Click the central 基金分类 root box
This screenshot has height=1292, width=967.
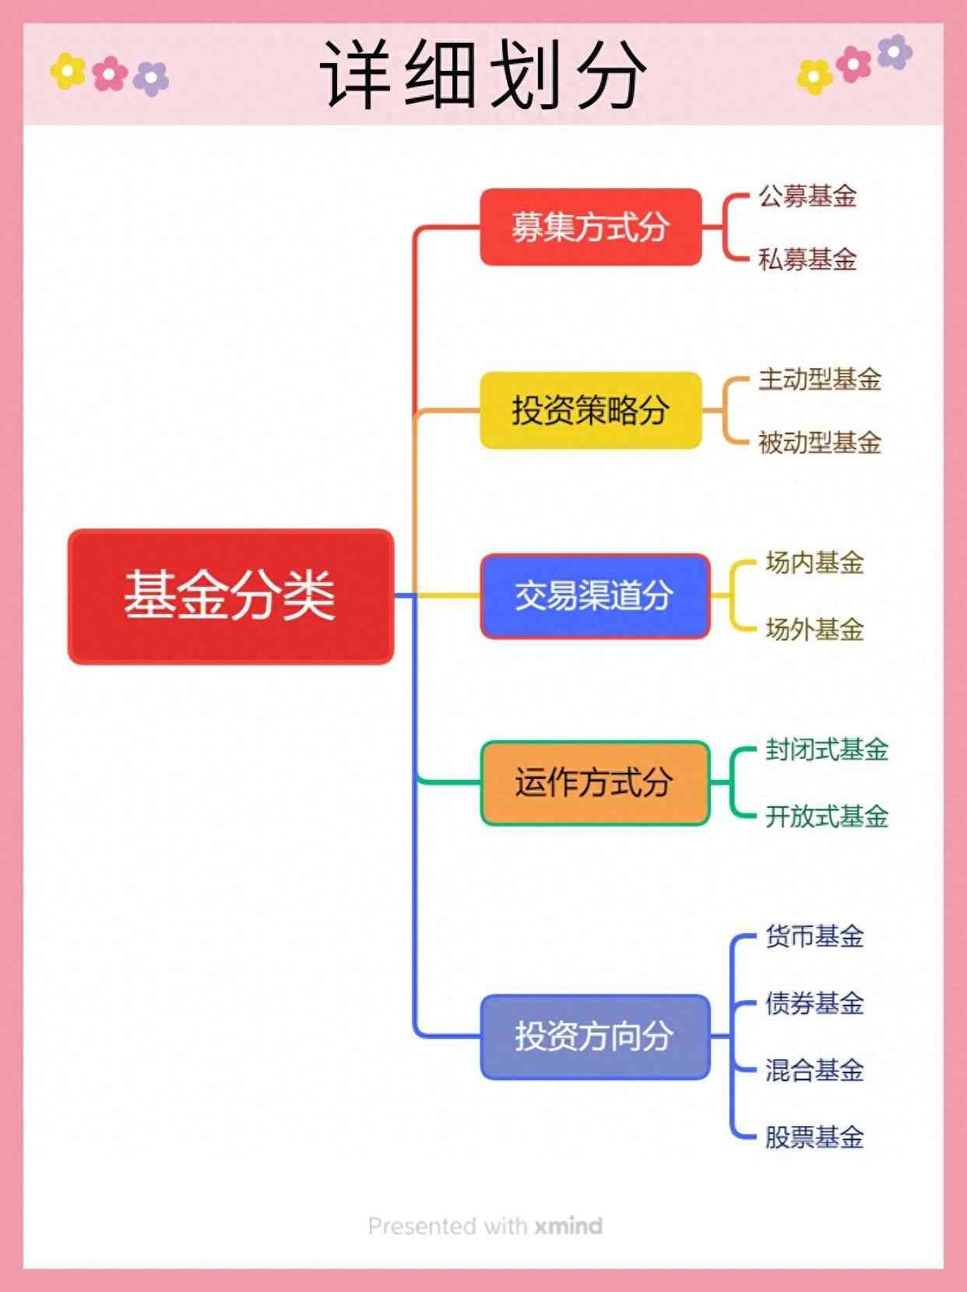pos(230,596)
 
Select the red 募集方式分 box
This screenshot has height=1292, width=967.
pos(590,226)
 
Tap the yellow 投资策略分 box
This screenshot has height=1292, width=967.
pos(590,410)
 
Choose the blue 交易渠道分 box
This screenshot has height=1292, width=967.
pos(595,596)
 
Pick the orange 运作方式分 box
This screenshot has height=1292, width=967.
pos(595,782)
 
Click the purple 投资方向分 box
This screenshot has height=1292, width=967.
pos(595,1036)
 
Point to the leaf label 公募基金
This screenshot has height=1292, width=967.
pos(807,195)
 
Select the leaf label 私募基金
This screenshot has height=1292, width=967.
pos(807,258)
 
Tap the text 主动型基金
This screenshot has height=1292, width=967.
pos(819,379)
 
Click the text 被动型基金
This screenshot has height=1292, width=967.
pos(819,442)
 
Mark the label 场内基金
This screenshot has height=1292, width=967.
pos(814,562)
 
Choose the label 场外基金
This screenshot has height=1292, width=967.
pos(814,629)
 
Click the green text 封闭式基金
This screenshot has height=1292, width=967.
pos(826,750)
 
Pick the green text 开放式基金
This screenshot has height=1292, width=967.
pos(826,816)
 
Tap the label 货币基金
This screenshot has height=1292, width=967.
pos(814,936)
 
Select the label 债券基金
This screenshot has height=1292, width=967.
pos(814,1003)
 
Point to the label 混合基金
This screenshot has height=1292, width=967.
pos(814,1070)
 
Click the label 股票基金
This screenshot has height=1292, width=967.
pos(814,1137)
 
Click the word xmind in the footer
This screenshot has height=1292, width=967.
pos(568,1226)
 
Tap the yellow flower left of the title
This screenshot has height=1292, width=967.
pos(68,72)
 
